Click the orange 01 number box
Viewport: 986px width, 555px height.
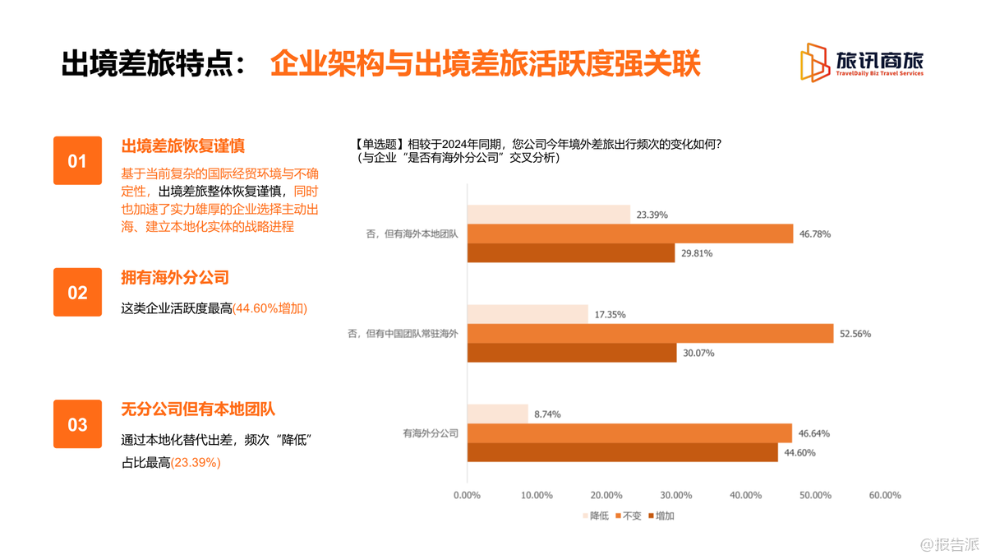77,160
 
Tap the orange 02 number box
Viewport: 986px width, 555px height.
77,292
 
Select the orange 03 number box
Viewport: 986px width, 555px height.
77,424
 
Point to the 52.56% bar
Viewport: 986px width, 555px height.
650,333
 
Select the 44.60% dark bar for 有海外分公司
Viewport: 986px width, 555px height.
622,452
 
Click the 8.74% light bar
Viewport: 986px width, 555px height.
497,414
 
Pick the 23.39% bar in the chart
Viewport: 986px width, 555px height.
548,215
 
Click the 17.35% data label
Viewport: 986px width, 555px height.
609,314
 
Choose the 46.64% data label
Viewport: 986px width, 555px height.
813,432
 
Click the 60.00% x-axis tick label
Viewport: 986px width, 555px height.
884,495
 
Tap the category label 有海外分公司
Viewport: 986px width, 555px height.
430,432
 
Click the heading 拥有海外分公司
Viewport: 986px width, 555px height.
174,278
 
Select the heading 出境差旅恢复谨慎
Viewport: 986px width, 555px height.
183,146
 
